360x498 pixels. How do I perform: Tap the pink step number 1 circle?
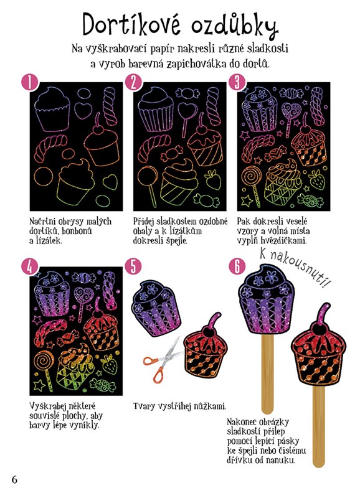pyautogui.click(x=29, y=83)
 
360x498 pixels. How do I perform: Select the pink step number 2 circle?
pyautogui.click(x=133, y=83)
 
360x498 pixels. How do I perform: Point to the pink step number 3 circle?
pyautogui.click(x=237, y=83)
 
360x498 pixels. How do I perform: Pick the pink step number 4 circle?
pyautogui.click(x=29, y=267)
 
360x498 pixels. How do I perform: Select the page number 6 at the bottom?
pyautogui.click(x=14, y=479)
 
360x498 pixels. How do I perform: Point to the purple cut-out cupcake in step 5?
pyautogui.click(x=155, y=308)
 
